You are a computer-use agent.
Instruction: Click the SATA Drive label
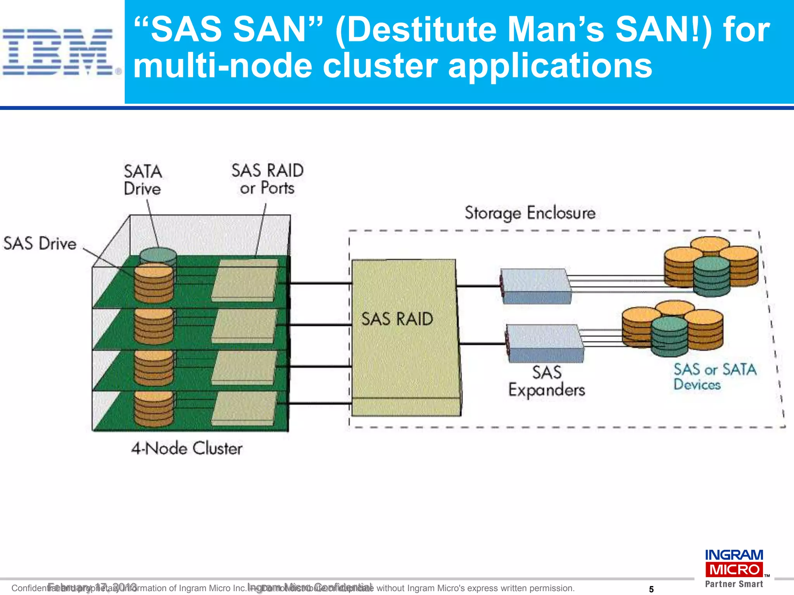tap(142, 180)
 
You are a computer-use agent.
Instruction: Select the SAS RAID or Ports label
tap(267, 179)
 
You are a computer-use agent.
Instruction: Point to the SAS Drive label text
tap(40, 244)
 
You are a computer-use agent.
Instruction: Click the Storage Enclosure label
tap(530, 213)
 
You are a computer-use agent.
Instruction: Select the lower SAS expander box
tap(545, 343)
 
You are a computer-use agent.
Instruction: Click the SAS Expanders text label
tap(547, 381)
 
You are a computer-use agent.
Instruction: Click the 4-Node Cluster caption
tap(186, 449)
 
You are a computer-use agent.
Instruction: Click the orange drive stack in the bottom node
tap(154, 409)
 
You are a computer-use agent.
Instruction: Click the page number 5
tap(651, 589)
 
